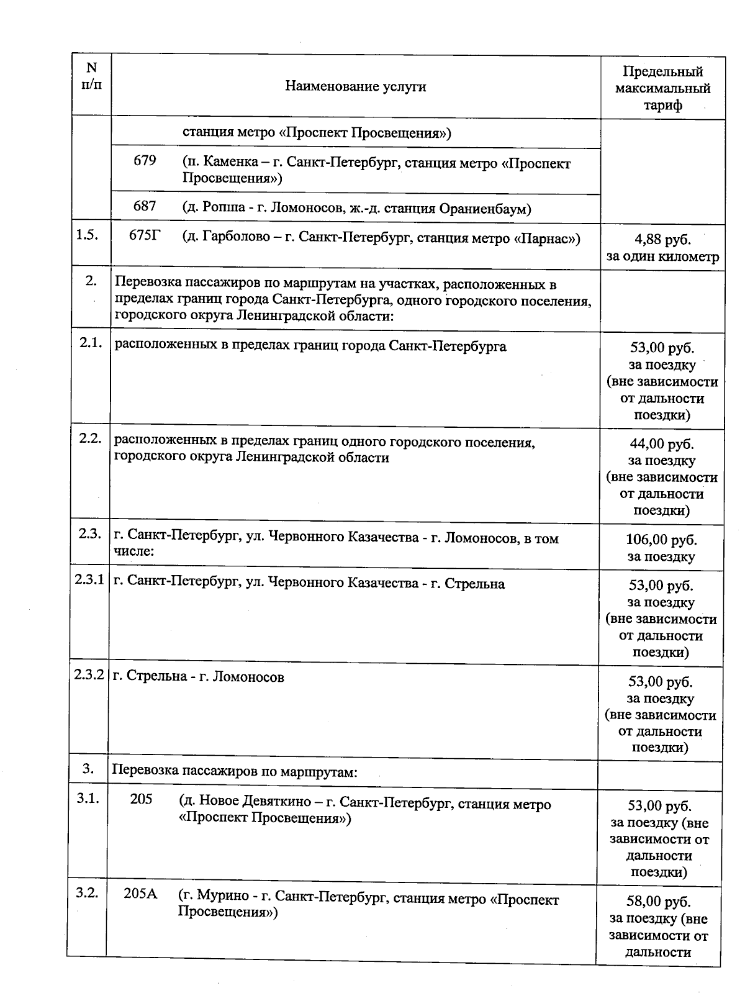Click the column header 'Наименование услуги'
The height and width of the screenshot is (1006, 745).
coord(355,86)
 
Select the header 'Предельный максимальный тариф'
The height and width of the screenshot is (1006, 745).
coord(662,88)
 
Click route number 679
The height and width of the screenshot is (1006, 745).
coord(145,161)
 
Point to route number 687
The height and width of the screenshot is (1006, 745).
coord(145,206)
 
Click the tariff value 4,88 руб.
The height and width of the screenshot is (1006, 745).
coord(662,240)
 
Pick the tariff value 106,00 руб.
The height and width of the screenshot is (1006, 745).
coord(661,540)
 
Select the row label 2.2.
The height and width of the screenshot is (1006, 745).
coord(90,438)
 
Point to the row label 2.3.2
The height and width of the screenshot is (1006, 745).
coord(89,675)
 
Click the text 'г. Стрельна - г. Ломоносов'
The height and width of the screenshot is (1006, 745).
coord(198,677)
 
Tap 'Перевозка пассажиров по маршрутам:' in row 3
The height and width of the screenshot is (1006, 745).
coord(235,773)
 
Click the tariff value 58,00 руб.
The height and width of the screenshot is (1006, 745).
coord(659,902)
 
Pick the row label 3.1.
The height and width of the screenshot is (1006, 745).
coord(88,799)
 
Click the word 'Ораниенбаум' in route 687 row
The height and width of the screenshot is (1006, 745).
coord(484,209)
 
